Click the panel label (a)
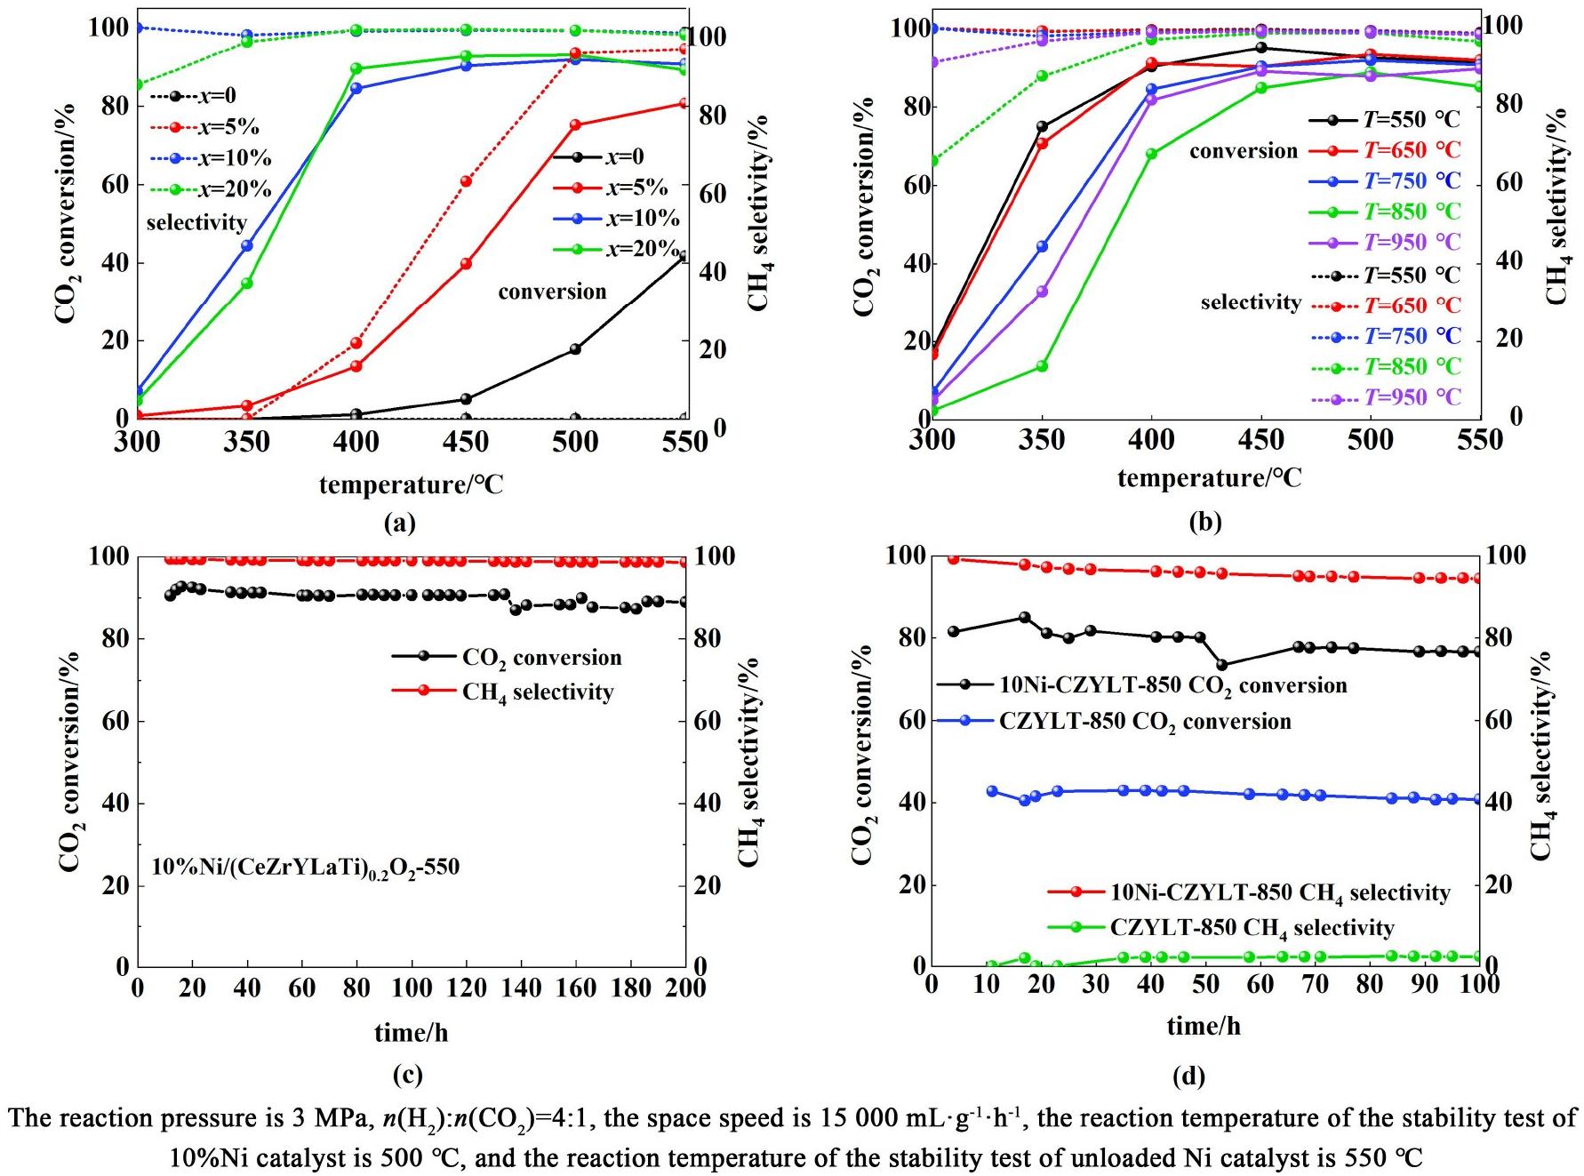(x=399, y=523)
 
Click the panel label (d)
(x=1188, y=1076)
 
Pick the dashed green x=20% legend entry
(x=209, y=189)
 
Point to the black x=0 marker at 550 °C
(x=684, y=258)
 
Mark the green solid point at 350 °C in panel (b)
(x=1042, y=366)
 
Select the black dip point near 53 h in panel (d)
(x=1222, y=665)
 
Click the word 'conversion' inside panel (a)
(x=552, y=292)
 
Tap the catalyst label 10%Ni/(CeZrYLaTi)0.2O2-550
(x=306, y=867)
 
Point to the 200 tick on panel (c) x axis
(x=685, y=988)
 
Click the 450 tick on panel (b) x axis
(x=1260, y=440)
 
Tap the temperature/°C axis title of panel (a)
(x=411, y=485)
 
